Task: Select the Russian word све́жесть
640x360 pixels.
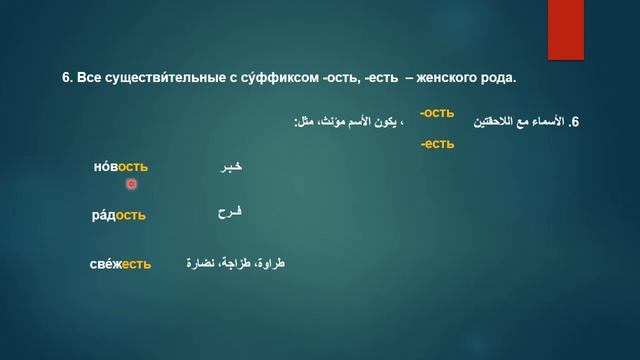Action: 120,264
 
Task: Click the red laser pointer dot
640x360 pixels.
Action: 131,184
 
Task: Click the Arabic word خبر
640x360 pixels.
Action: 230,168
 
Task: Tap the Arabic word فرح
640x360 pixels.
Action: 230,213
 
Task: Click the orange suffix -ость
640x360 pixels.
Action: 437,114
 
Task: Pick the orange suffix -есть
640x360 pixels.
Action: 437,144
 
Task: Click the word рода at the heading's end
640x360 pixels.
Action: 497,77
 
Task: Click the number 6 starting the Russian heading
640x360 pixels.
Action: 66,77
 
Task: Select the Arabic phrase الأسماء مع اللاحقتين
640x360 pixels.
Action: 519,122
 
